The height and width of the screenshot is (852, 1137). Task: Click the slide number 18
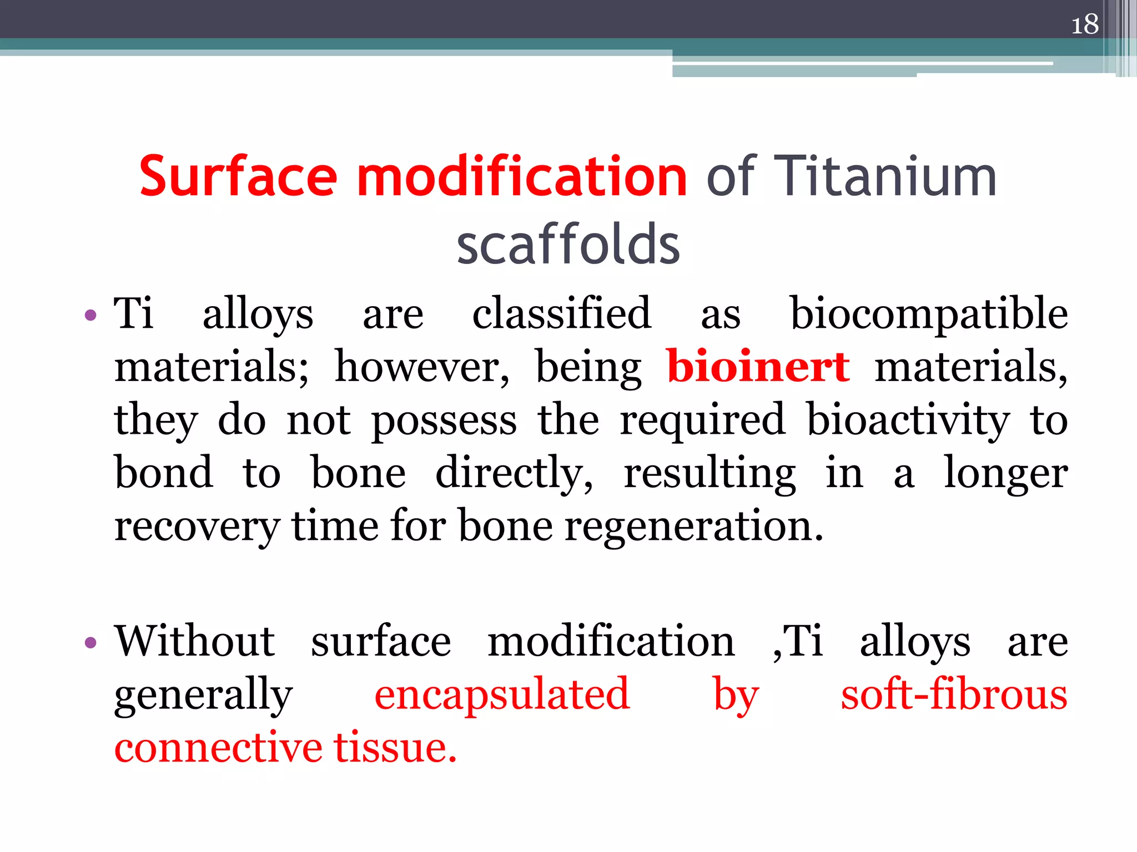[x=1085, y=25]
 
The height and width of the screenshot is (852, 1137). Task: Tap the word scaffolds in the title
[x=568, y=244]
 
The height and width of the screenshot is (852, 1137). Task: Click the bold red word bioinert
[x=758, y=366]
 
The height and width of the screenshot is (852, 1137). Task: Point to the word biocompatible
[x=929, y=313]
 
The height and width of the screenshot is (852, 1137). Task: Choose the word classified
[x=561, y=313]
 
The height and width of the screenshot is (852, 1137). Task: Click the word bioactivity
[x=908, y=419]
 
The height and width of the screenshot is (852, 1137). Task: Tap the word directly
[x=514, y=473]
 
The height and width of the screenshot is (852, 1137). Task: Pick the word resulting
[x=710, y=473]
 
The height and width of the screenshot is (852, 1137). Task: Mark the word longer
[x=1005, y=473]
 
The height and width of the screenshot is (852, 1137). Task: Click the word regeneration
[x=694, y=525]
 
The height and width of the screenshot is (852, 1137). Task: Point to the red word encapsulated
[x=502, y=694]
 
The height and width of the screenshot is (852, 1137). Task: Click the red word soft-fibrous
[x=954, y=694]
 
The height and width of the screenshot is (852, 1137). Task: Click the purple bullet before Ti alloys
[x=90, y=316]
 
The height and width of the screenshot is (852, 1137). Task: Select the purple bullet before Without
[x=90, y=643]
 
